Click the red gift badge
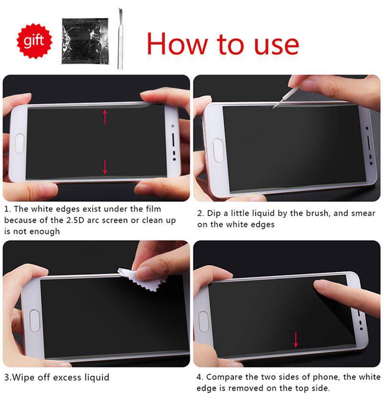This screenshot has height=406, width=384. click(x=34, y=41)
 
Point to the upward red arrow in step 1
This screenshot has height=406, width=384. click(x=105, y=116)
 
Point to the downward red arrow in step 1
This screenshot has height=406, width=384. click(x=105, y=166)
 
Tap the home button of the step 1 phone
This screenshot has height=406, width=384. click(x=20, y=143)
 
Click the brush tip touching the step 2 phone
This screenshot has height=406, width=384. click(x=274, y=107)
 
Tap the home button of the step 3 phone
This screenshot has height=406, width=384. click(x=34, y=320)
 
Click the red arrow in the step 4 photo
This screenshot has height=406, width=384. click(x=296, y=339)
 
